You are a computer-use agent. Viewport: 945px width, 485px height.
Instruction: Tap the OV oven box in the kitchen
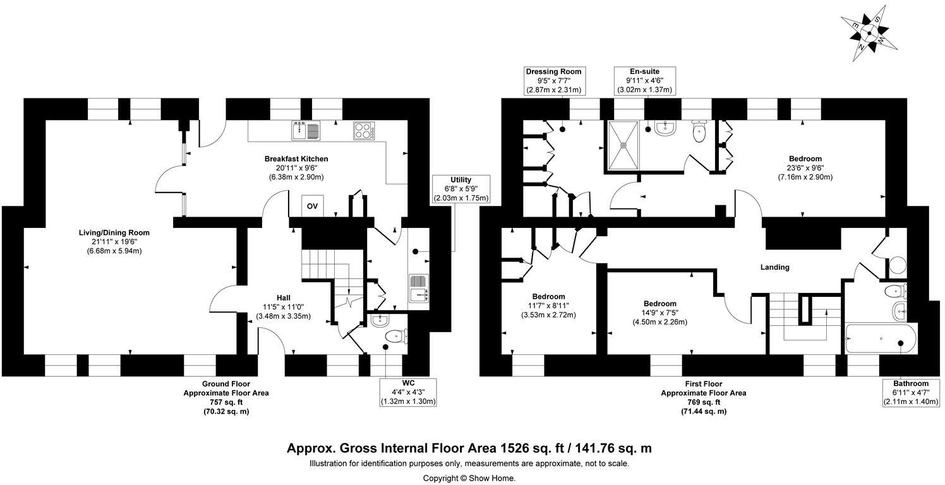pyautogui.click(x=312, y=206)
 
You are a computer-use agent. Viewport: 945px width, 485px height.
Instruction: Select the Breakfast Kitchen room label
pyautogui.click(x=296, y=159)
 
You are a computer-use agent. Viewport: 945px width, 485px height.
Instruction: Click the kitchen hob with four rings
pyautogui.click(x=364, y=131)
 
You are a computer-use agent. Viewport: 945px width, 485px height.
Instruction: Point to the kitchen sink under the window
pyautogui.click(x=307, y=131)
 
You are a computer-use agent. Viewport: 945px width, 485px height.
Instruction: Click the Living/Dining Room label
pyautogui.click(x=114, y=233)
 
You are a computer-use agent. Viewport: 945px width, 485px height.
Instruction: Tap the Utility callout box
pyautogui.click(x=460, y=189)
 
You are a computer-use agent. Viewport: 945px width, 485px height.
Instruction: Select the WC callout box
pyautogui.click(x=408, y=392)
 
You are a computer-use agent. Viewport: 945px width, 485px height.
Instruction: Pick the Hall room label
pyautogui.click(x=284, y=298)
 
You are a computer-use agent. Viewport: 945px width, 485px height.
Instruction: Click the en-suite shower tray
pyautogui.click(x=623, y=145)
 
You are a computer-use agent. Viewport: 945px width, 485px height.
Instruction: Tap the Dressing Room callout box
pyautogui.click(x=553, y=81)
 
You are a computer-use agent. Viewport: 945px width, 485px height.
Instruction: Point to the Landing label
pyautogui.click(x=774, y=267)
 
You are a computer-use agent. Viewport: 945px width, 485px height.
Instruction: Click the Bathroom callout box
pyautogui.click(x=911, y=393)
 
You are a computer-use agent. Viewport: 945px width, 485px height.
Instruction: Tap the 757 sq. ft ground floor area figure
pyautogui.click(x=226, y=402)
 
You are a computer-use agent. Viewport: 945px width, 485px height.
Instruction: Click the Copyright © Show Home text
pyautogui.click(x=469, y=478)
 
